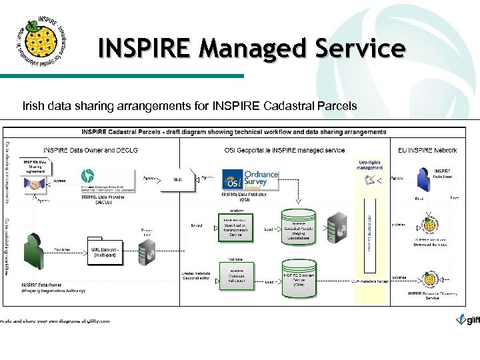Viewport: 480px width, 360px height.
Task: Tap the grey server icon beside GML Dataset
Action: coord(146,253)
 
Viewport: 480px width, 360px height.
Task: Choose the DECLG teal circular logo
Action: coord(87,177)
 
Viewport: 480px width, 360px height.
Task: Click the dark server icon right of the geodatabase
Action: coord(337,227)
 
